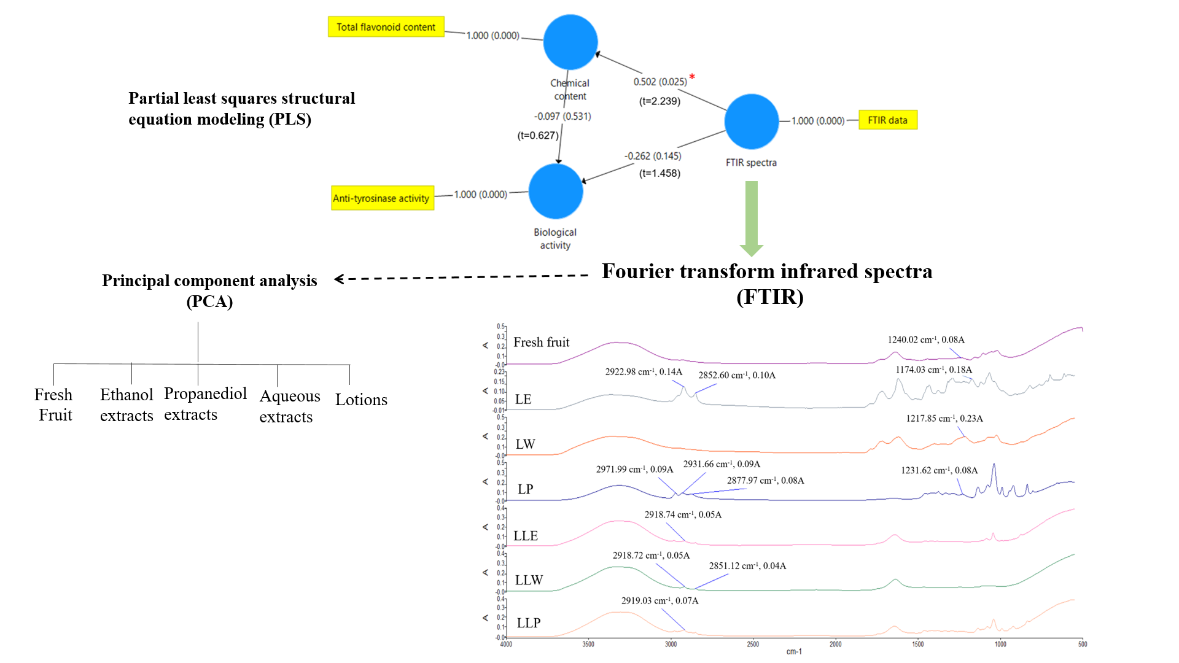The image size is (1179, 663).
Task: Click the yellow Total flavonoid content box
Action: click(x=386, y=27)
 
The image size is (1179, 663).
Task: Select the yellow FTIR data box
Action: click(x=887, y=120)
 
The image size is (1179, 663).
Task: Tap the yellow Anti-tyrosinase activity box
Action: click(x=382, y=198)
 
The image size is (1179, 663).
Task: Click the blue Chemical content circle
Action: click(x=570, y=42)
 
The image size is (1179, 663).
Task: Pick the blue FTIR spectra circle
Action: click(x=752, y=122)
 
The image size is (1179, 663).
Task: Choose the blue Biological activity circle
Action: click(x=556, y=191)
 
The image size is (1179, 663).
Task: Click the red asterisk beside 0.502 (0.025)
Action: click(x=692, y=77)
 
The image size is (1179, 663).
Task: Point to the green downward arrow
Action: click(x=752, y=218)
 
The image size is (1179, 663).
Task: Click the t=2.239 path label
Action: click(x=660, y=101)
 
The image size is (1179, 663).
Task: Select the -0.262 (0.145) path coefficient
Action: click(x=653, y=156)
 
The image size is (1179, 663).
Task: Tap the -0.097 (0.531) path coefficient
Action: click(x=562, y=116)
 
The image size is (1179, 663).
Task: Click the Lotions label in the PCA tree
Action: click(x=361, y=400)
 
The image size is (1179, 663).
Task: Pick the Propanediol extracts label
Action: click(x=205, y=404)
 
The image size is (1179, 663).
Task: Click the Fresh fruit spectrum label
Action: click(x=541, y=342)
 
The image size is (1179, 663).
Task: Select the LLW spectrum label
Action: click(x=529, y=580)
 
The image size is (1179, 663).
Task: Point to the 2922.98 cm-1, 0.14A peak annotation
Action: click(x=644, y=371)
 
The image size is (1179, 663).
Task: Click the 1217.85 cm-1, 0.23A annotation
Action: click(x=944, y=419)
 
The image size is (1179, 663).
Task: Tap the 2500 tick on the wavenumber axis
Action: click(x=753, y=644)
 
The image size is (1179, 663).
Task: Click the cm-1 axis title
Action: click(x=794, y=651)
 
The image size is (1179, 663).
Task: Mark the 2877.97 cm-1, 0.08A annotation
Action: click(x=765, y=481)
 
